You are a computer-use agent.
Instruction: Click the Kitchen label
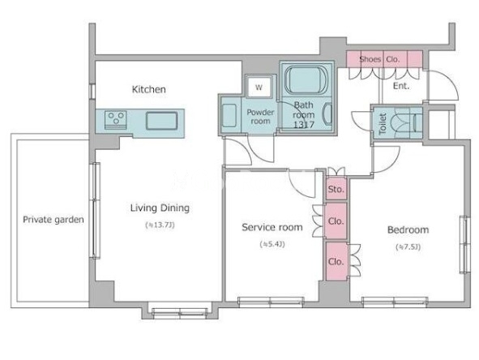click(149, 89)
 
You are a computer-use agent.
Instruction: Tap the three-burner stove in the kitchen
click(115, 119)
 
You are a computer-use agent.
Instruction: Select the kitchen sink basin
click(161, 121)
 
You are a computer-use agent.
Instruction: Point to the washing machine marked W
click(259, 87)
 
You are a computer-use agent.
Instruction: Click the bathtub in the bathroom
click(306, 80)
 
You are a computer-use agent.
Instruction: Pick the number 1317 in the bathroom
click(304, 124)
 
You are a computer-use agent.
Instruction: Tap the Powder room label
click(260, 117)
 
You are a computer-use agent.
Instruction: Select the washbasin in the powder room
click(229, 115)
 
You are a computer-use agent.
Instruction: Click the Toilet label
click(383, 124)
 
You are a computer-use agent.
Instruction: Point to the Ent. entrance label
click(401, 86)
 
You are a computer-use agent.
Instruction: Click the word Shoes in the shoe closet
click(370, 59)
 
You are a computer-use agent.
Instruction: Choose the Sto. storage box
click(336, 189)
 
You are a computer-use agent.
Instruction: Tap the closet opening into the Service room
click(336, 221)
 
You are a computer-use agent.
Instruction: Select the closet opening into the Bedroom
click(336, 261)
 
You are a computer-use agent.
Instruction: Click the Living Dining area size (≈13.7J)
click(160, 225)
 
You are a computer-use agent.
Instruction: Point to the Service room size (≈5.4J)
click(272, 244)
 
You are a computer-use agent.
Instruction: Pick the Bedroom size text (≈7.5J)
click(408, 246)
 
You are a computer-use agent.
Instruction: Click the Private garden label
click(53, 220)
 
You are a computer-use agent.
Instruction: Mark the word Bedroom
click(408, 229)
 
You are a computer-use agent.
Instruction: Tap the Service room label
click(272, 227)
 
